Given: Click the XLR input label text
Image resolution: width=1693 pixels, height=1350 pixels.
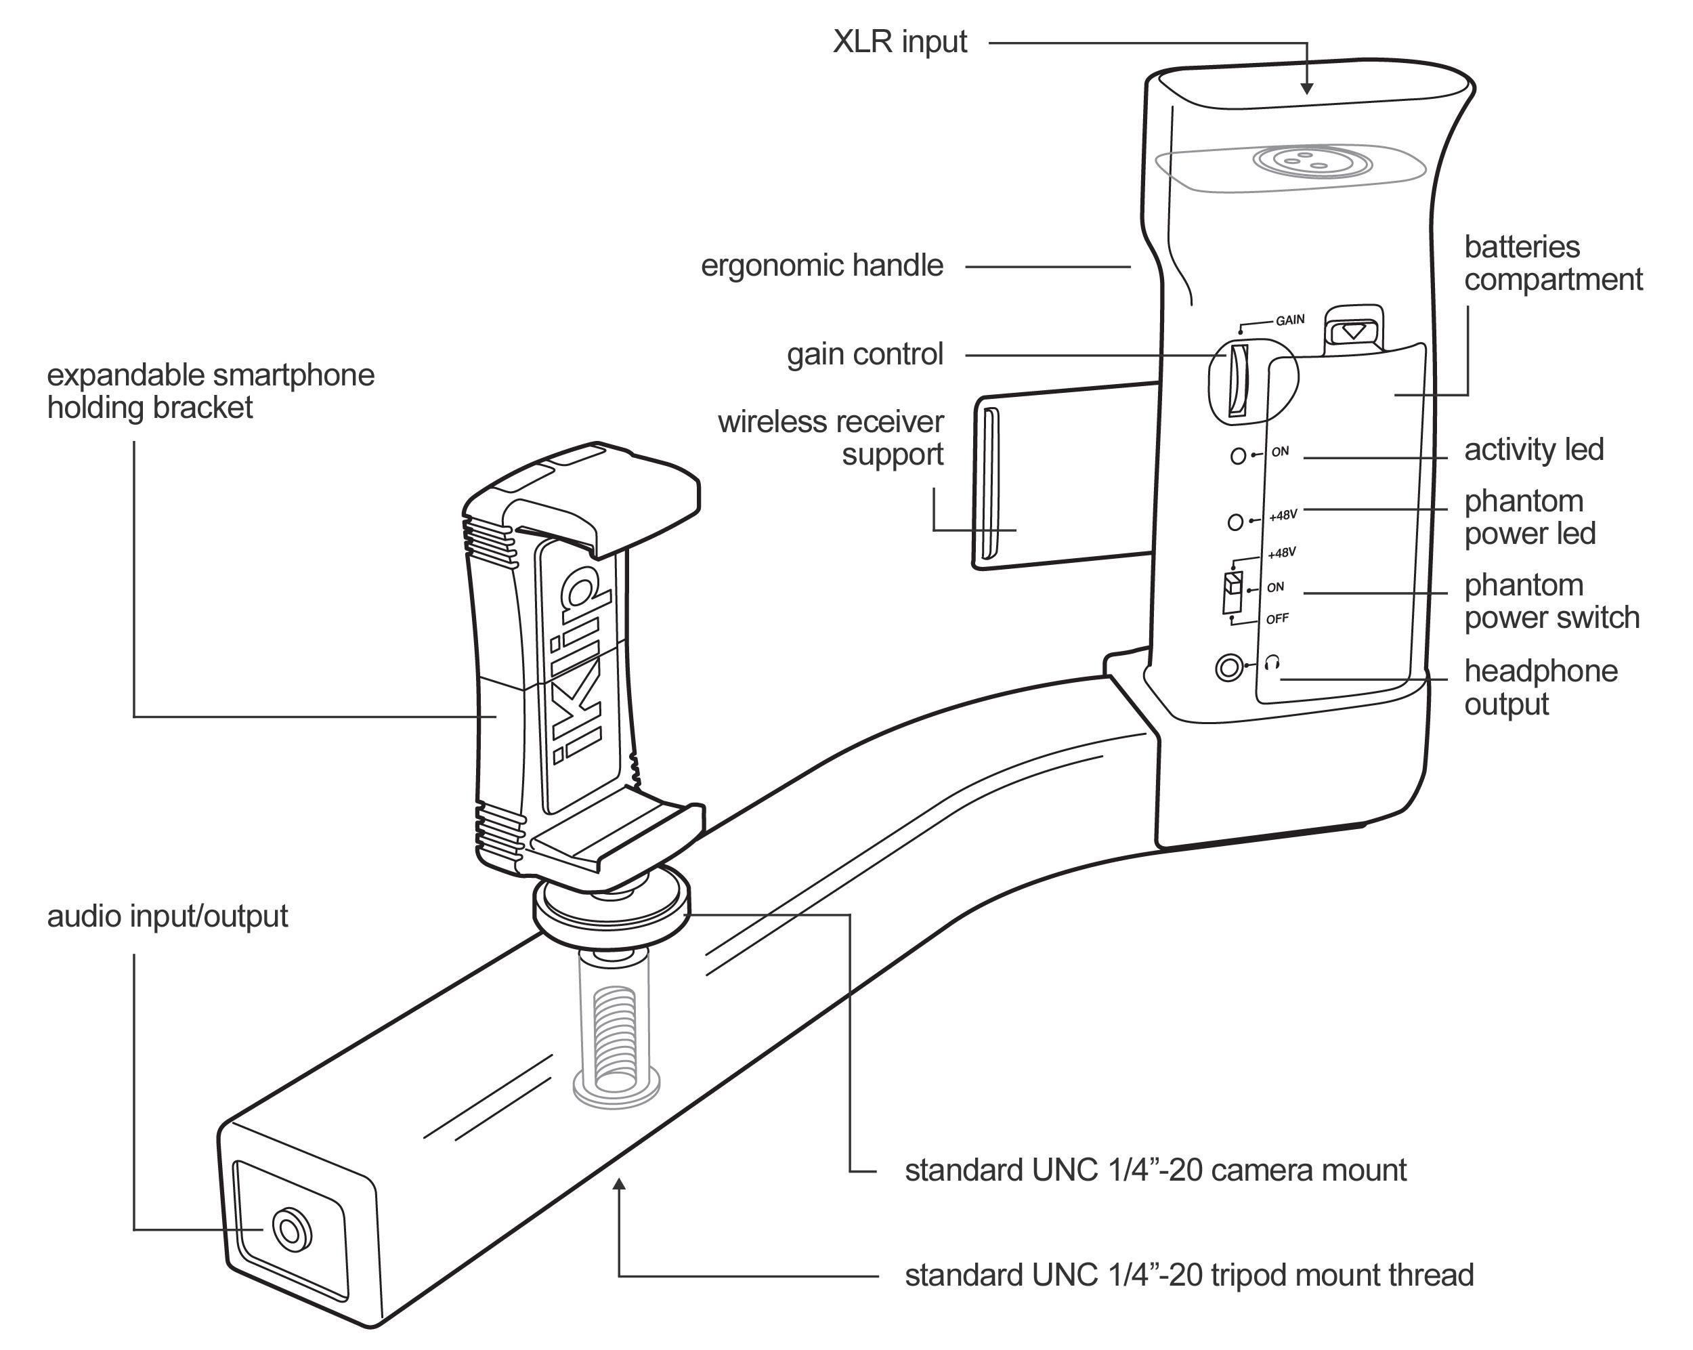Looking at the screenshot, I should pyautogui.click(x=899, y=41).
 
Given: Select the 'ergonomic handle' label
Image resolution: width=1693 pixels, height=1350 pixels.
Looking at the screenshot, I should pyautogui.click(x=821, y=266).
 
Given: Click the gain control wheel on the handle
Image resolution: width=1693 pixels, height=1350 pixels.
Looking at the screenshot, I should pyautogui.click(x=1239, y=381).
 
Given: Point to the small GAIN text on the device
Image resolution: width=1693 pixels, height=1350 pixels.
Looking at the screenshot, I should pyautogui.click(x=1289, y=320).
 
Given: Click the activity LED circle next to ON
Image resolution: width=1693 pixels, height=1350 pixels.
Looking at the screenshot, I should pyautogui.click(x=1239, y=455).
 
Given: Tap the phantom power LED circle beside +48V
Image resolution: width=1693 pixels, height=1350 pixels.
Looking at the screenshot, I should pyautogui.click(x=1235, y=522).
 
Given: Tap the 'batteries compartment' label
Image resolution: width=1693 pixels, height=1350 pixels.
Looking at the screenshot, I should pyautogui.click(x=1551, y=263).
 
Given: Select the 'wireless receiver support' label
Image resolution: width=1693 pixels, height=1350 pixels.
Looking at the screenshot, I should pyautogui.click(x=831, y=438).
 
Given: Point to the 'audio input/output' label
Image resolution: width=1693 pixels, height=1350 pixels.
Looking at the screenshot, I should pyautogui.click(x=167, y=916).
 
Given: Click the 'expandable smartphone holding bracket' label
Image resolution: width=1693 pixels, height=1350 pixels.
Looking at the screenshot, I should pyautogui.click(x=211, y=391).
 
